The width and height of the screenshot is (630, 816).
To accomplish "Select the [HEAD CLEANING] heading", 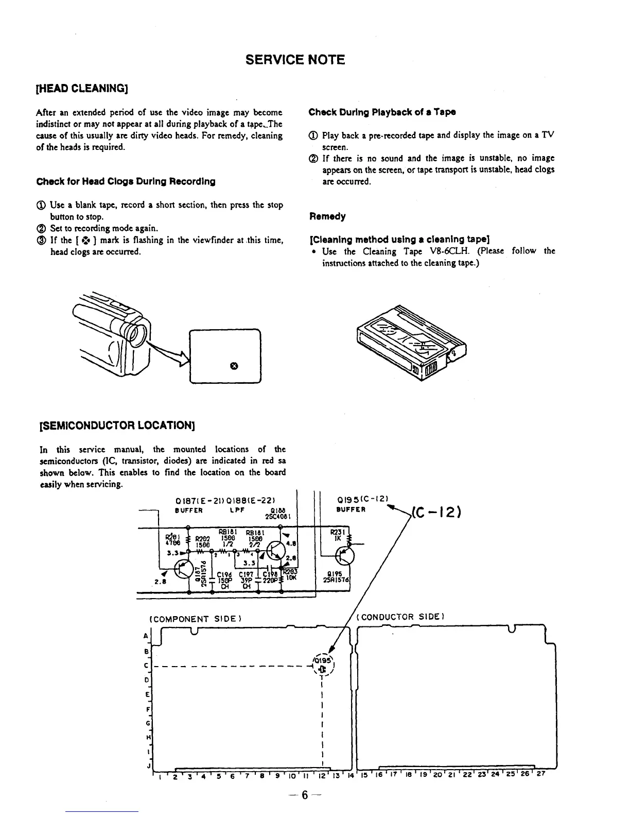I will [81, 88].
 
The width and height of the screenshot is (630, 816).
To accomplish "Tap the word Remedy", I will [327, 216].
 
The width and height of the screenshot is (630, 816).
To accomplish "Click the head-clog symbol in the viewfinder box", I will [234, 366].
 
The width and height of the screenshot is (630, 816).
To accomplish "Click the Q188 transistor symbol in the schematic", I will [278, 550].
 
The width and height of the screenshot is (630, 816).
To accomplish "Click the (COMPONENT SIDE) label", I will [195, 618].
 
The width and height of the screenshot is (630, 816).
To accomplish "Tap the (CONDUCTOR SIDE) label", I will [400, 617].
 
